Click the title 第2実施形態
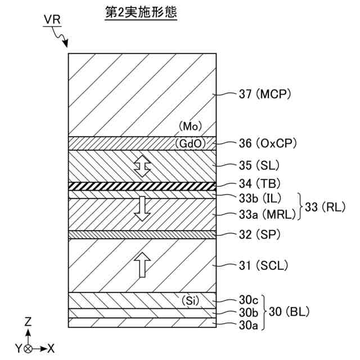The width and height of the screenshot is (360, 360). [x=141, y=13]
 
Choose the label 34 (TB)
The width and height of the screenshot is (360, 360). [x=256, y=183]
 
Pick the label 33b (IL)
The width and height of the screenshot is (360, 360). [x=260, y=198]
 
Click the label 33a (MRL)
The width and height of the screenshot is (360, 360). [x=265, y=214]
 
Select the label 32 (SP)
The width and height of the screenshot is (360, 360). [x=256, y=233]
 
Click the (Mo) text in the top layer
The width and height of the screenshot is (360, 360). [x=190, y=127]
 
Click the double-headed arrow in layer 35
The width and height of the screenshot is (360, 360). [x=142, y=166]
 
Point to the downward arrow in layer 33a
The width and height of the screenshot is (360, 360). [x=142, y=209]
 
